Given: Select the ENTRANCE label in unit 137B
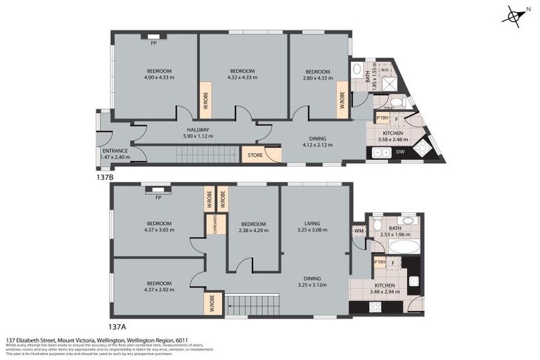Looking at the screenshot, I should pos(115,150).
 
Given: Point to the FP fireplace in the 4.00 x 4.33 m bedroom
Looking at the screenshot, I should pos(153,41).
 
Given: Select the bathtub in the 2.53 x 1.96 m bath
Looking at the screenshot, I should pos(397,246).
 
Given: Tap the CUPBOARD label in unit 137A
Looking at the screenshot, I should pos(210,224).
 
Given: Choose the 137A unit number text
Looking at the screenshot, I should pos(118,326).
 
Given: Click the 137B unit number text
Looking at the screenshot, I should pos(104,177).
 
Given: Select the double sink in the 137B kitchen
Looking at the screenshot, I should pos(377,152).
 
